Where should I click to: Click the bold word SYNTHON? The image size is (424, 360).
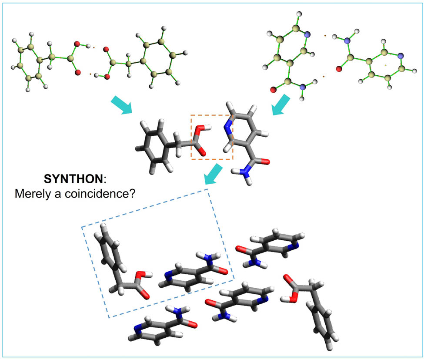(x=73, y=179)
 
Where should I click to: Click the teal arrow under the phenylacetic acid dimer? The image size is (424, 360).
(x=122, y=105)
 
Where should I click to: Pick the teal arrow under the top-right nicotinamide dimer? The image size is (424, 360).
(x=281, y=105)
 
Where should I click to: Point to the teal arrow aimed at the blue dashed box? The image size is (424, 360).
(x=214, y=175)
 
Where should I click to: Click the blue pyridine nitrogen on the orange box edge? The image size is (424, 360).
(x=228, y=128)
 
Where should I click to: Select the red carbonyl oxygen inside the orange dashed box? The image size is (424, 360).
(x=202, y=152)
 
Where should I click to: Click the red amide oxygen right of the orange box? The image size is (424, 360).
(x=265, y=162)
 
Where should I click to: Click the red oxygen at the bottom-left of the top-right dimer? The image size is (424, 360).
(x=274, y=90)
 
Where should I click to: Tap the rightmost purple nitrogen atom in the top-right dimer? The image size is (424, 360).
(x=401, y=55)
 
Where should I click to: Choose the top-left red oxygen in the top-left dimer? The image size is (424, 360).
(x=77, y=44)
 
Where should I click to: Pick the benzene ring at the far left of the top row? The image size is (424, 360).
(x=29, y=63)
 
